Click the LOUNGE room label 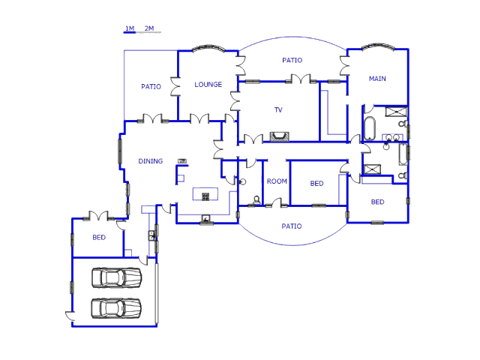[x=208, y=85]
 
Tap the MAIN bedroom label [x=377, y=79]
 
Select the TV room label [x=278, y=110]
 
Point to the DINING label [x=150, y=161]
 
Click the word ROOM [x=277, y=181]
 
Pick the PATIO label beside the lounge [x=151, y=87]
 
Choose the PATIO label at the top [x=292, y=60]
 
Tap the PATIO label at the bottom [x=291, y=226]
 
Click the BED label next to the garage [x=98, y=238]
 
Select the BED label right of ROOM [x=316, y=184]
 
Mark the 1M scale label [x=129, y=28]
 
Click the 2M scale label [x=148, y=28]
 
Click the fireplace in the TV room [x=279, y=136]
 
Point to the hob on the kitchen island [x=205, y=196]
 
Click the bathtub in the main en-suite [x=370, y=128]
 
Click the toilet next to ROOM [x=257, y=199]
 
